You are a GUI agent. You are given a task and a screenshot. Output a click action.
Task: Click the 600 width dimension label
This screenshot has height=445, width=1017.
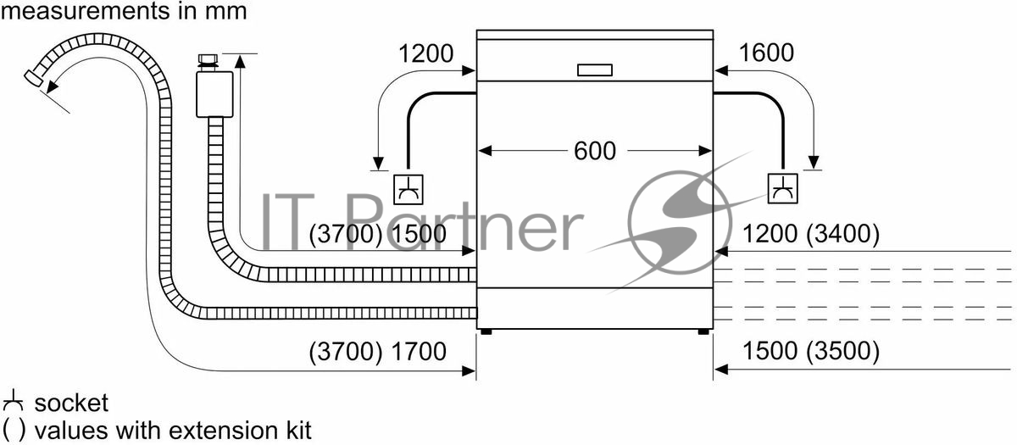tap(595, 151)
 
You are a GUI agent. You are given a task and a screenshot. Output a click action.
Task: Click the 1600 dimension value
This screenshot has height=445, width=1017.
tap(767, 53)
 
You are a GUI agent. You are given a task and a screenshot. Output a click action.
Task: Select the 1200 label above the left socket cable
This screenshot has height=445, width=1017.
tap(425, 53)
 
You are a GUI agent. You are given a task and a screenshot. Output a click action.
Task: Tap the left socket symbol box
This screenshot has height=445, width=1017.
tap(408, 189)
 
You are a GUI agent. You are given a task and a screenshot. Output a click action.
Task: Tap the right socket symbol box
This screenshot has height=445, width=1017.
tap(783, 188)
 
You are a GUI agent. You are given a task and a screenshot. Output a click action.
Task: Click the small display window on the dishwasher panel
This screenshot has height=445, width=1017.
tap(595, 70)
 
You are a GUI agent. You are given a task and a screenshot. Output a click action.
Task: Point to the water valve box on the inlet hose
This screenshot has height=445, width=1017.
tap(214, 94)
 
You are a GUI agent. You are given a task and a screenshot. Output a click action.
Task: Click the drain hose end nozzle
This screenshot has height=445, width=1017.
tap(34, 78)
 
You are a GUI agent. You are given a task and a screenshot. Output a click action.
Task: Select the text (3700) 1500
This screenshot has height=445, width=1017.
tap(378, 234)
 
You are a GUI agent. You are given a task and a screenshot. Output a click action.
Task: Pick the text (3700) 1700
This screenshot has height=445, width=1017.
tap(378, 352)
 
